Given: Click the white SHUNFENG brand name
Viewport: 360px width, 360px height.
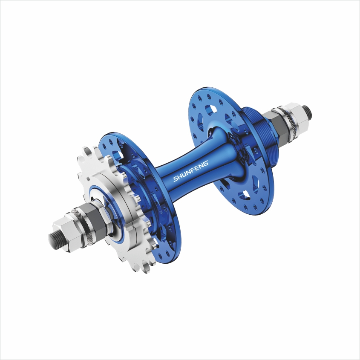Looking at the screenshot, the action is pos(191,171).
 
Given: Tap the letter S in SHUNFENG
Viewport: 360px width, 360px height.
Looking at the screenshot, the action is pos(176,179).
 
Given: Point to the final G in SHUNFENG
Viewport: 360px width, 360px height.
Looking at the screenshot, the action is pos(205,163).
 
